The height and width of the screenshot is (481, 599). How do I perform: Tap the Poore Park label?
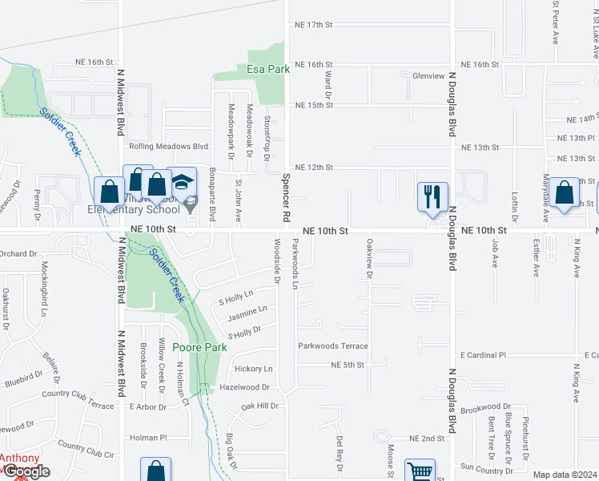click(x=200, y=348)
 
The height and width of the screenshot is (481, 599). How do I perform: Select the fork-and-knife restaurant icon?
click(x=433, y=196)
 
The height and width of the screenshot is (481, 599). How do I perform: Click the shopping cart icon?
click(x=420, y=471)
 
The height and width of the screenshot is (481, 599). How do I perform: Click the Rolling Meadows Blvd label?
click(x=168, y=147)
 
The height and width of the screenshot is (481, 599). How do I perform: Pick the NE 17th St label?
click(x=313, y=25)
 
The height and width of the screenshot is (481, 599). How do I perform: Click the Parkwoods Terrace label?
click(x=332, y=346)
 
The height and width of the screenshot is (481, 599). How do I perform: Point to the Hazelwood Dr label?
click(x=244, y=387)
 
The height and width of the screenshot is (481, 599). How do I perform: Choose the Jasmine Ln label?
click(x=247, y=309)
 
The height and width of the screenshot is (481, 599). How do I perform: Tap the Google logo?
click(x=26, y=471)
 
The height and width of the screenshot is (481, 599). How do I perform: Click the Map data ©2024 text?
click(x=564, y=475)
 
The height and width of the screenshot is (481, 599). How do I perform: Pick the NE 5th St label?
click(x=348, y=365)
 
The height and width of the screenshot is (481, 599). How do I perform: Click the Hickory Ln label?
click(x=253, y=369)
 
